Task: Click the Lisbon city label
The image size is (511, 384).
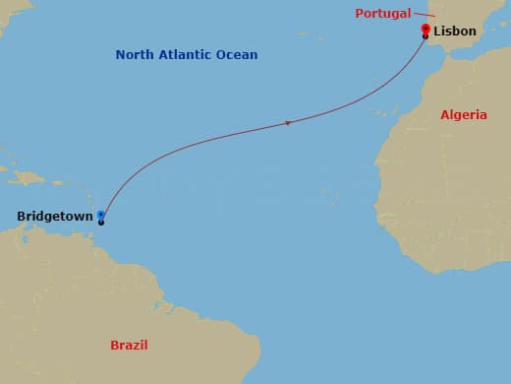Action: [454, 32]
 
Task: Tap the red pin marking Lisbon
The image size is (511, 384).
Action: [425, 30]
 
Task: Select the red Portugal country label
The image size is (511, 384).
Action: [383, 13]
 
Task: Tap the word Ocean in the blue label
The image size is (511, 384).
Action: [237, 55]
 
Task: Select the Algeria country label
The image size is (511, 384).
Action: [463, 115]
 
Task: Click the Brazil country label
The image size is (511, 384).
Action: [129, 345]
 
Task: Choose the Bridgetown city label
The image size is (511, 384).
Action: [55, 217]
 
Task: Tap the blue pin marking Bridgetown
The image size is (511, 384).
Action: [101, 215]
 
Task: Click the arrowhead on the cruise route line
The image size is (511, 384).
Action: [287, 123]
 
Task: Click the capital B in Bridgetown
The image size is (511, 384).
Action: [22, 217]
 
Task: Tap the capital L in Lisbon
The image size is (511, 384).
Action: [435, 32]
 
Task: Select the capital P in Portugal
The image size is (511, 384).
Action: [360, 13]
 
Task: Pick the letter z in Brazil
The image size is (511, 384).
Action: [137, 345]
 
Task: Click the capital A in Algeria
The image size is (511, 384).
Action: [444, 115]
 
